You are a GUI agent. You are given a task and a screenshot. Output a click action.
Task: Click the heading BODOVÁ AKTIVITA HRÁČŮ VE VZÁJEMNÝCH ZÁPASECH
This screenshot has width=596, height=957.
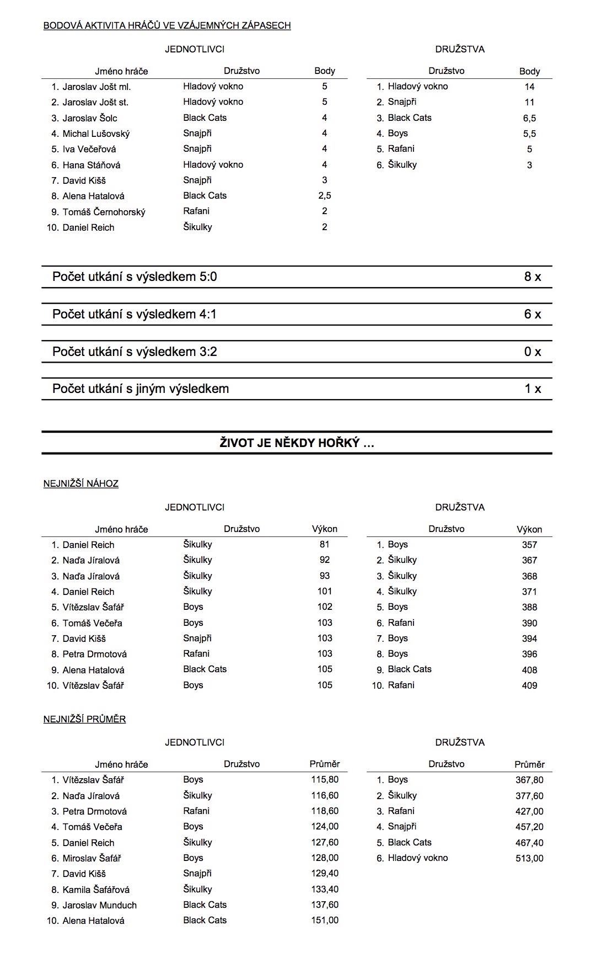(x=167, y=25)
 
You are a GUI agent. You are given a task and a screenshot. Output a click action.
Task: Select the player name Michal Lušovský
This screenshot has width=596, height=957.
(x=96, y=134)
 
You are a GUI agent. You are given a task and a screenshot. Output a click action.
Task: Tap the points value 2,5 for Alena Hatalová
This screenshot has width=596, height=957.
(x=324, y=196)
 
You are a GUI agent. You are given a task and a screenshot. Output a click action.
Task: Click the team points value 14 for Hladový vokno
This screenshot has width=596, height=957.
(x=529, y=87)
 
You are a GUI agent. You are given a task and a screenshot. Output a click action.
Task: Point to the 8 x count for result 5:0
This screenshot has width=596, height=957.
(x=532, y=277)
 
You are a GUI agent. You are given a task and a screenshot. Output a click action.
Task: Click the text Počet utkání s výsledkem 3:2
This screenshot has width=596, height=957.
(x=135, y=352)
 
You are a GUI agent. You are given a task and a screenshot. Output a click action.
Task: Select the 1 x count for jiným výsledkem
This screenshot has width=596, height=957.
(x=532, y=389)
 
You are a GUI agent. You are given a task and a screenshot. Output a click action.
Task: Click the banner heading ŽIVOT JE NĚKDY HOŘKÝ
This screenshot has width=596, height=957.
(x=297, y=443)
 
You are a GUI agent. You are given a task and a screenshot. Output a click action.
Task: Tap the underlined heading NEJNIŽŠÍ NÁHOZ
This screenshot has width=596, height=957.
(x=81, y=484)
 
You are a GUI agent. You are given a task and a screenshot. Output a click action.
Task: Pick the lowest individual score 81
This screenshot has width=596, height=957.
(x=324, y=545)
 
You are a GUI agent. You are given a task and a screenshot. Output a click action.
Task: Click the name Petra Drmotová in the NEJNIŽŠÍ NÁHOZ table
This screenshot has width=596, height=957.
(x=94, y=654)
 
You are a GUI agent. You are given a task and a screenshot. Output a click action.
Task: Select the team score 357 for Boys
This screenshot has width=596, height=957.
(x=529, y=545)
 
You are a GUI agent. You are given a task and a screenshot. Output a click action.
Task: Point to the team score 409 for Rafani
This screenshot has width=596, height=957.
(x=529, y=685)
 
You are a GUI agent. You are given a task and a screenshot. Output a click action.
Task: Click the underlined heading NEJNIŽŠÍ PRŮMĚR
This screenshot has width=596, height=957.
(x=84, y=719)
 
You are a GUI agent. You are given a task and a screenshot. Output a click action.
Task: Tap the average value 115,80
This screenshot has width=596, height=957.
(x=324, y=780)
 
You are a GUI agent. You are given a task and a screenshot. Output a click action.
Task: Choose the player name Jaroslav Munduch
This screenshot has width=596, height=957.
(x=99, y=905)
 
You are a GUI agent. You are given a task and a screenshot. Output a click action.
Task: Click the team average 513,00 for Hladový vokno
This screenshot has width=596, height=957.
(x=529, y=858)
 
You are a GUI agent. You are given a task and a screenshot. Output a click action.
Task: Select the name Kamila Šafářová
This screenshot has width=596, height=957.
(x=96, y=890)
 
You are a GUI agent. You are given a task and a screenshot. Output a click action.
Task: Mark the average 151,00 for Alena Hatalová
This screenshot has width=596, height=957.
(x=324, y=921)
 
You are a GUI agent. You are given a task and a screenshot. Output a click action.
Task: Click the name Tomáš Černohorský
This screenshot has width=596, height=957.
(x=104, y=212)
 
